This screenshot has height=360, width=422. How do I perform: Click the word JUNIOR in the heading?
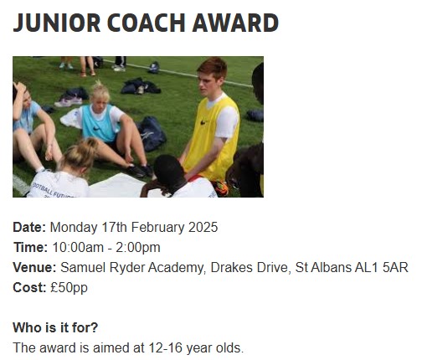point(57,23)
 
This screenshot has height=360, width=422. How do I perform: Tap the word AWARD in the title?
point(235,23)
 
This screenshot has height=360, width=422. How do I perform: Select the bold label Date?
point(29,227)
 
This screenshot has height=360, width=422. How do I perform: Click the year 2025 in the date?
point(203,227)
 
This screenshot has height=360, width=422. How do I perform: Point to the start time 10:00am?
point(78,247)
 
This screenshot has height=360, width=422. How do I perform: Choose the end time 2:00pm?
point(138,248)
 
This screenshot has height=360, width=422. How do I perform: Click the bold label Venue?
point(35,267)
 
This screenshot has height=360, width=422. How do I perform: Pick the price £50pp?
point(69,288)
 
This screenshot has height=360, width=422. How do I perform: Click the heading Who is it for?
point(55,327)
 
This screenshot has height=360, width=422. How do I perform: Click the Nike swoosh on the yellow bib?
point(203,122)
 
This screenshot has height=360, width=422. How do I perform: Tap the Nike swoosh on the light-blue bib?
point(96,128)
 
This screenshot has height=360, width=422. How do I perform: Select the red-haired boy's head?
point(211,76)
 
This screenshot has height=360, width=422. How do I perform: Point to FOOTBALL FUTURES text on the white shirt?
point(53,191)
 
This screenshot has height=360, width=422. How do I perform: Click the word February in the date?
point(157,228)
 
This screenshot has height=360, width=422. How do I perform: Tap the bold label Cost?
point(29,287)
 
